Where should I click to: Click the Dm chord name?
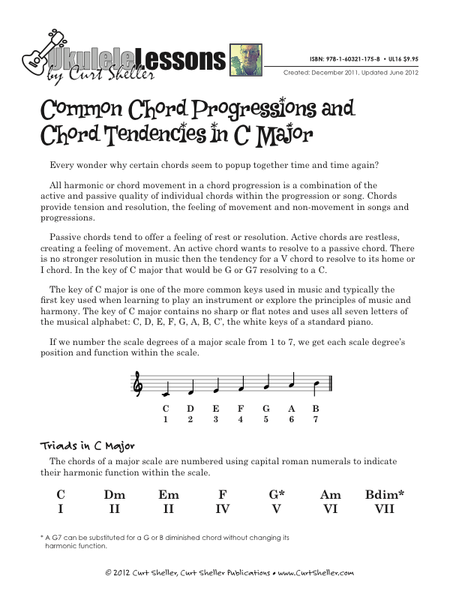[x=115, y=494]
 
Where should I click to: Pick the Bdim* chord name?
[x=385, y=494]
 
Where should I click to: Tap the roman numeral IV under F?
[x=222, y=509]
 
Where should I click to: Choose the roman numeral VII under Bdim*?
[x=384, y=509]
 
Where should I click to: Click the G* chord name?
[x=277, y=494]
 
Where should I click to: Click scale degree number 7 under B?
[x=316, y=419]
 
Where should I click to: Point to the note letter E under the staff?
[x=216, y=409]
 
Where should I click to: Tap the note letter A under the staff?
[x=292, y=409]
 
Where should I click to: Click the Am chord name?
[x=330, y=494]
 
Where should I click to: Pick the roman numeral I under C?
[x=61, y=509]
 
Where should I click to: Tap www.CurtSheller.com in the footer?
[x=316, y=572]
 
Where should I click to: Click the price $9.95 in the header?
[x=408, y=57]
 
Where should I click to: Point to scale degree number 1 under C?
[x=165, y=419]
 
